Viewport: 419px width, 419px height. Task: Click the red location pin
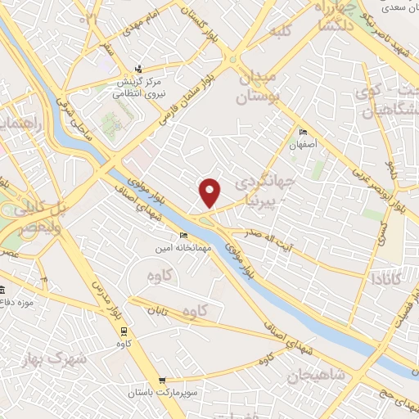click(x=211, y=191)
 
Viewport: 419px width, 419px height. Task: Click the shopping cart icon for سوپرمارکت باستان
click(x=164, y=380)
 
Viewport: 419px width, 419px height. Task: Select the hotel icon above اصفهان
click(x=303, y=133)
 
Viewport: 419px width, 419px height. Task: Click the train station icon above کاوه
click(x=124, y=331)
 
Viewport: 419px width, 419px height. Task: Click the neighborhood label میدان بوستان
click(x=259, y=87)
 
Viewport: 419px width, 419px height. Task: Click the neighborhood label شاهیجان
click(x=316, y=376)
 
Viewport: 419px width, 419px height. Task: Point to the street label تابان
click(x=158, y=310)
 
